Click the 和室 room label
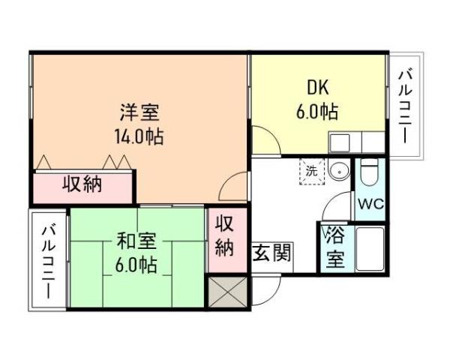(x=136, y=241)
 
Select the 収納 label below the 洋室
(x=82, y=184)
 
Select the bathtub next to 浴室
(x=370, y=249)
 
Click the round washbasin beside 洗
(x=339, y=170)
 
